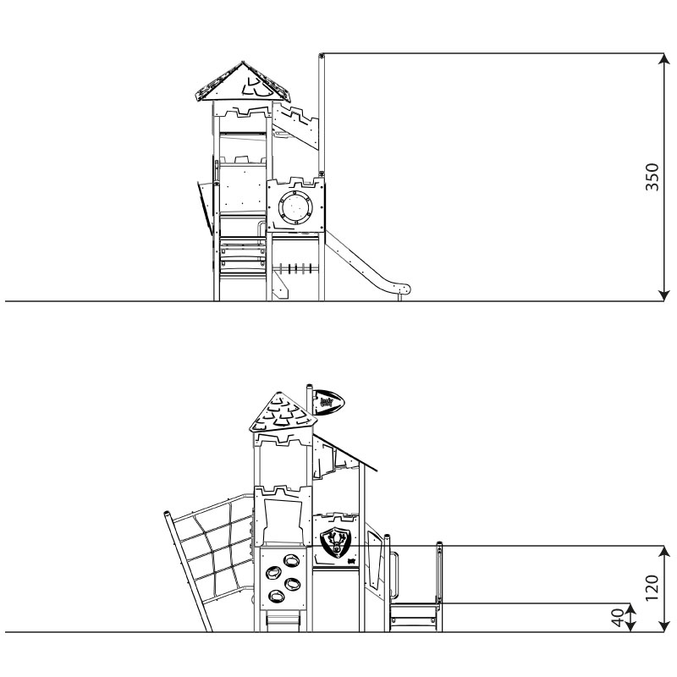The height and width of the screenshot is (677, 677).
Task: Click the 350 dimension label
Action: [x=652, y=177]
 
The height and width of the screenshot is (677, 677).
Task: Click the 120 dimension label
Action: [x=652, y=587]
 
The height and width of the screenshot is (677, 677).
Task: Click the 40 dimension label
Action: [x=618, y=618]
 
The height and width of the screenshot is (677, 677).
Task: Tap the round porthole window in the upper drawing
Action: [x=295, y=206]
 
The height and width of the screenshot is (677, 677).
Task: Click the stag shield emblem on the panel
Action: [x=336, y=542]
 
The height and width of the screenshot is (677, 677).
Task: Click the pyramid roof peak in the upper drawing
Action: [x=243, y=63]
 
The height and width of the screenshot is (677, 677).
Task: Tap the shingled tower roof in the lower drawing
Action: [x=283, y=412]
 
